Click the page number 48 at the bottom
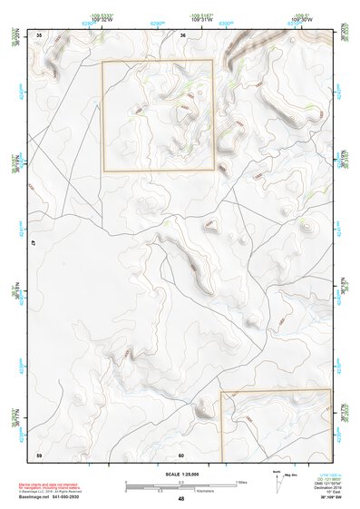181,499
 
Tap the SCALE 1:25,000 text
181,474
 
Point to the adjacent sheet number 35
39,34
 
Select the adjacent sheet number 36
182,34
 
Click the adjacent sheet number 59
39,454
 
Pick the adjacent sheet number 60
181,454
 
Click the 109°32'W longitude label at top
102,20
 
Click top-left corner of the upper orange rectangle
102,62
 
